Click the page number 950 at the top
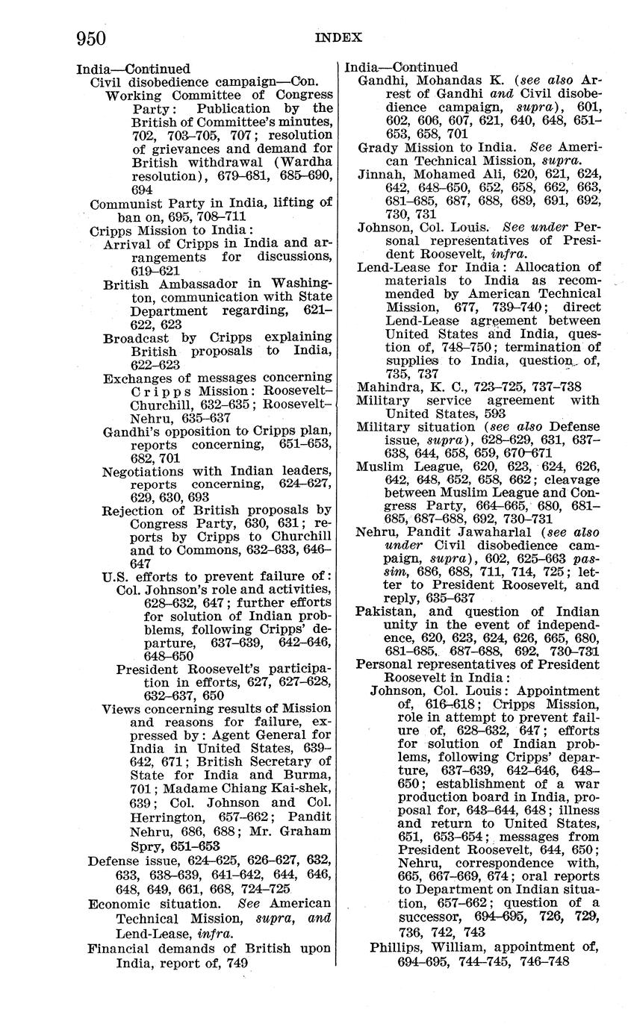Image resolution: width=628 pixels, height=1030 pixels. pos(90,37)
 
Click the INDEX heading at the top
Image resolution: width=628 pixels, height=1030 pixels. pos(338,37)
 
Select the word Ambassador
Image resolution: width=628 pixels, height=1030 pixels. pos(197,284)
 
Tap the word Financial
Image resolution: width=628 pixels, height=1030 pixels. pos(119,949)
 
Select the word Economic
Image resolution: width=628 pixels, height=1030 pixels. pos(120,904)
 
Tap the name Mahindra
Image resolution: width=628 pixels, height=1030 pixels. pos(388,387)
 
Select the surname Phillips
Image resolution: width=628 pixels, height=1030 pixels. pos(398,948)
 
